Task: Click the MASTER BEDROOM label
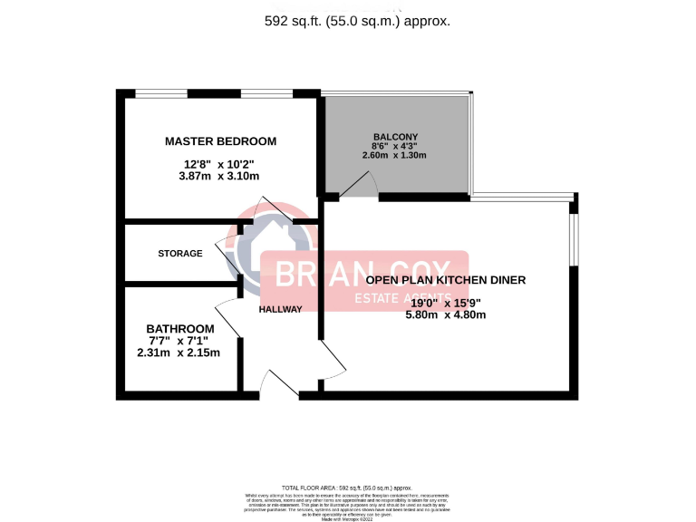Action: pos(220,141)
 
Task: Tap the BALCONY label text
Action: pos(394,136)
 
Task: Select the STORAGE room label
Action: pos(180,254)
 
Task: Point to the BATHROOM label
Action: pos(180,328)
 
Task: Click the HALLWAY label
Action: pos(280,309)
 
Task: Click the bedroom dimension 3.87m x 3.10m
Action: pos(220,177)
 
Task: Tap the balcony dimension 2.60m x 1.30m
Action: pos(394,155)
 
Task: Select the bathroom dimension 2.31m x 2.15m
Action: pos(179,353)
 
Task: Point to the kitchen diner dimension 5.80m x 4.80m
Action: pos(446,314)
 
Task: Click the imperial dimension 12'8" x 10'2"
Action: pos(219,164)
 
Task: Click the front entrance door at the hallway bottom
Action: pos(279,385)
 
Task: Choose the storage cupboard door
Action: pos(226,256)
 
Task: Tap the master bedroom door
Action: pos(272,210)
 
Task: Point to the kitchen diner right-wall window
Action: pos(574,240)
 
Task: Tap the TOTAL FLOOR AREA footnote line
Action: pos(347,488)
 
